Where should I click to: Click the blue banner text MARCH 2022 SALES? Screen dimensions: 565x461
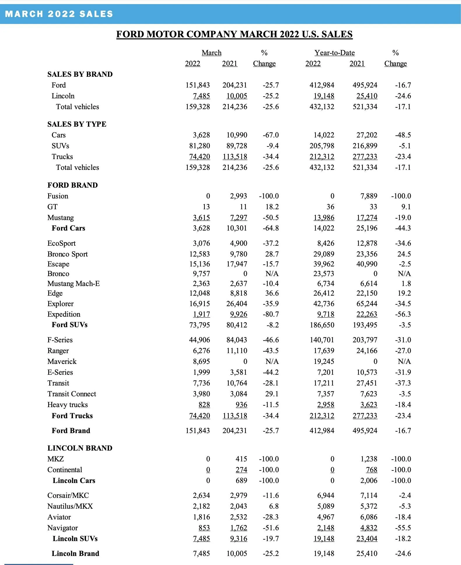pos(59,14)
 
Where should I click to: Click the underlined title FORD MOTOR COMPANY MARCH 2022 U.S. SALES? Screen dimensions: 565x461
pos(234,34)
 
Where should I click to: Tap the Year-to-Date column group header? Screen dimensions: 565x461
pos(334,53)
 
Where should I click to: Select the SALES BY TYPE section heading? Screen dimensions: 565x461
pos(77,124)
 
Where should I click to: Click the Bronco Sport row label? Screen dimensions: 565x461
pos(67,254)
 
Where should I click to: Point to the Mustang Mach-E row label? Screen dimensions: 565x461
pos(74,283)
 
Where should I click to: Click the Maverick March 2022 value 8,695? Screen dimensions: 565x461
pos(201,361)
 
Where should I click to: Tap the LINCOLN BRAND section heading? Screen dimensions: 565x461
pos(80,448)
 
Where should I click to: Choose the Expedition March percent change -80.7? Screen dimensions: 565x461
pos(270,314)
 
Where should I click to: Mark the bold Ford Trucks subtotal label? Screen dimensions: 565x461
pos(72,416)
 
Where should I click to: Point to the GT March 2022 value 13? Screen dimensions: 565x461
pos(206,207)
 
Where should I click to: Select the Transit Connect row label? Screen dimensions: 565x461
pos(71,394)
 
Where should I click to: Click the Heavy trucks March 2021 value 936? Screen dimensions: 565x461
pos(241,404)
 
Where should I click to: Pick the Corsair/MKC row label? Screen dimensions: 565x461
pos(68,495)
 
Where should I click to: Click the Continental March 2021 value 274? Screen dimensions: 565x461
pos(241,470)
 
